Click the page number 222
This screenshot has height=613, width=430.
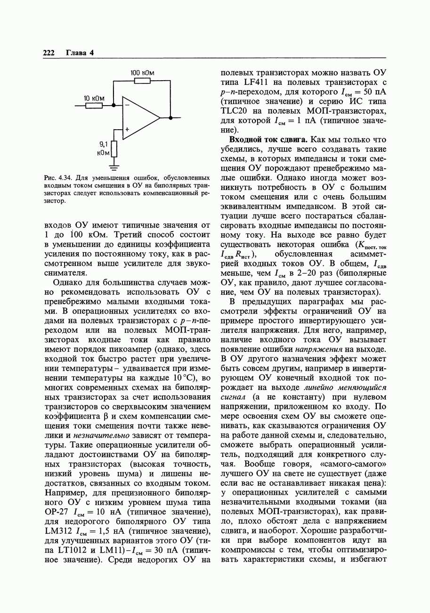click(x=49, y=53)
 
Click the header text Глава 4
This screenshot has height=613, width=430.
click(x=80, y=53)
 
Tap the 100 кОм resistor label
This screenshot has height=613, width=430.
click(x=142, y=73)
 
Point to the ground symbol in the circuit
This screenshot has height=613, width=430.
click(x=114, y=166)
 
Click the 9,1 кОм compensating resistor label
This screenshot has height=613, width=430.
click(x=103, y=149)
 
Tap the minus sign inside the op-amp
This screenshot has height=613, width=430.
click(x=127, y=106)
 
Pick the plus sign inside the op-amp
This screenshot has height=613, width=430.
click(x=127, y=128)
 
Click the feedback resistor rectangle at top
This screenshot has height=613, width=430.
click(x=142, y=81)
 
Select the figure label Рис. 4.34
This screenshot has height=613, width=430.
click(x=57, y=178)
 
